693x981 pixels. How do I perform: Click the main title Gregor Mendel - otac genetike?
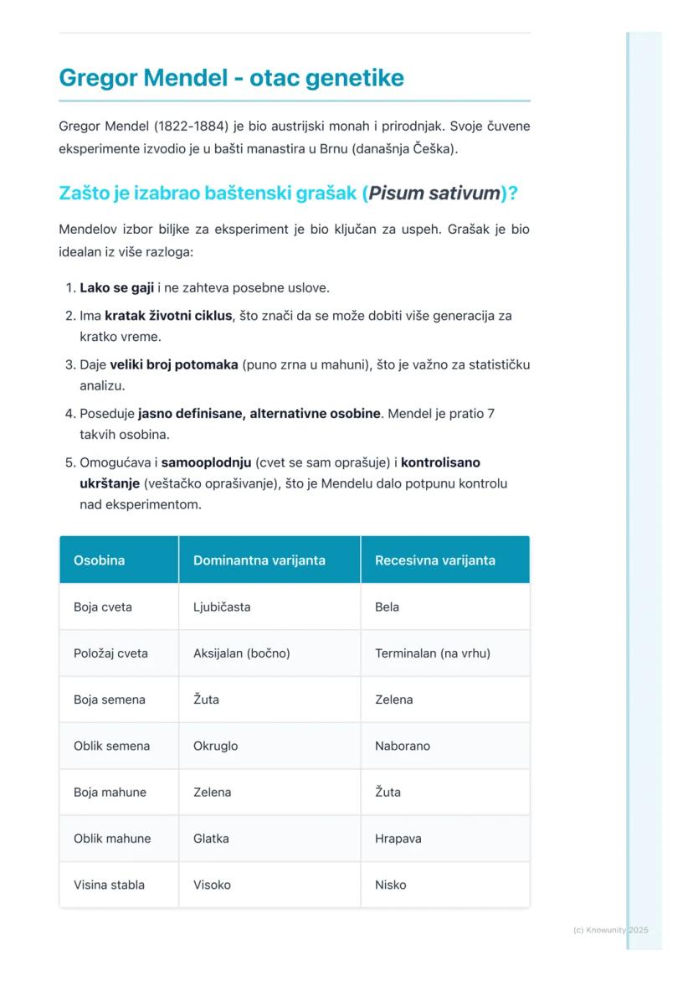231,78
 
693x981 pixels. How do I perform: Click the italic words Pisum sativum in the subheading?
434,194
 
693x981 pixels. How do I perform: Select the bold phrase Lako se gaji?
116,288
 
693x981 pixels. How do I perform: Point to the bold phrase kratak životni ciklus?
169,316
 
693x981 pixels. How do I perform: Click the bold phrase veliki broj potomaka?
174,365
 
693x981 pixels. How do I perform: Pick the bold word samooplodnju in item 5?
206,462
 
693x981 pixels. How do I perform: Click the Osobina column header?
99,560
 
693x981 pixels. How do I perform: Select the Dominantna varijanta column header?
259,560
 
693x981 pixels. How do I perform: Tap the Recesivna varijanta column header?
435,560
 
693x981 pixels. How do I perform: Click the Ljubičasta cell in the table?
222,607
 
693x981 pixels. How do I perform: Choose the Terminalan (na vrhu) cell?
433,653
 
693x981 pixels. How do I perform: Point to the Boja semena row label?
110,700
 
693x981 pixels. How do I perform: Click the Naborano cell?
403,746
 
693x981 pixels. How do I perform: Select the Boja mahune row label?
110,793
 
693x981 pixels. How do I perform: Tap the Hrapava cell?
398,839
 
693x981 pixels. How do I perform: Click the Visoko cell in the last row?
212,885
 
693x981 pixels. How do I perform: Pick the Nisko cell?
391,885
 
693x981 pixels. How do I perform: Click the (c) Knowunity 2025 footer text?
611,930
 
